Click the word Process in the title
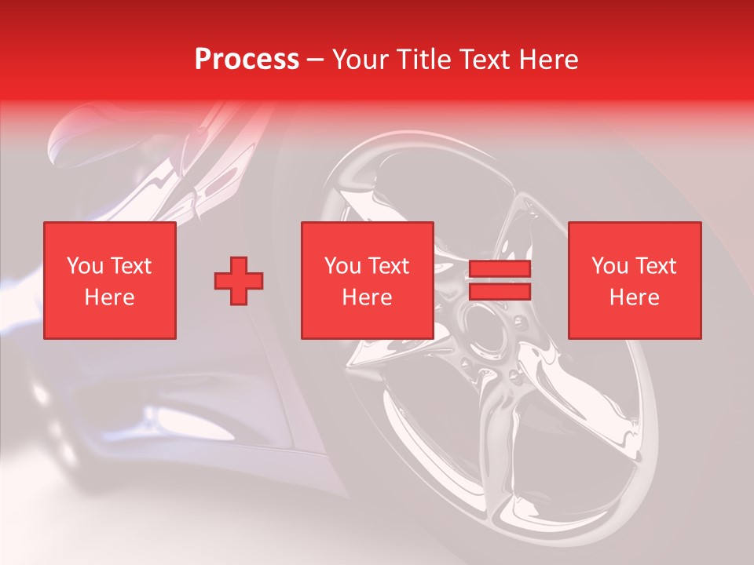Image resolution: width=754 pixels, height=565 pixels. click(247, 60)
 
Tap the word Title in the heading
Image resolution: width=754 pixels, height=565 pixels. click(424, 60)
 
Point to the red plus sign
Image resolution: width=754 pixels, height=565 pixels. click(239, 280)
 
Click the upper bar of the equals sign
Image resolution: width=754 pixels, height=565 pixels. click(500, 269)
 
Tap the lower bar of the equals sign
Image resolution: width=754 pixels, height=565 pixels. click(500, 292)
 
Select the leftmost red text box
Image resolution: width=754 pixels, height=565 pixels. click(109, 280)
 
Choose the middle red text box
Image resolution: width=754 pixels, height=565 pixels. click(367, 280)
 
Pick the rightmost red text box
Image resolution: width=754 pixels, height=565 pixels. click(634, 280)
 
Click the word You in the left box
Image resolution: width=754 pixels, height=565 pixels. click(85, 266)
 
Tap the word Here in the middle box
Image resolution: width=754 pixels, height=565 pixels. click(367, 297)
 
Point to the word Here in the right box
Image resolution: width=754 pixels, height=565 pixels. click(634, 297)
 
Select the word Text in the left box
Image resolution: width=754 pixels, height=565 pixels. click(130, 266)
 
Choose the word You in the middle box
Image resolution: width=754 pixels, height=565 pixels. click(342, 266)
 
